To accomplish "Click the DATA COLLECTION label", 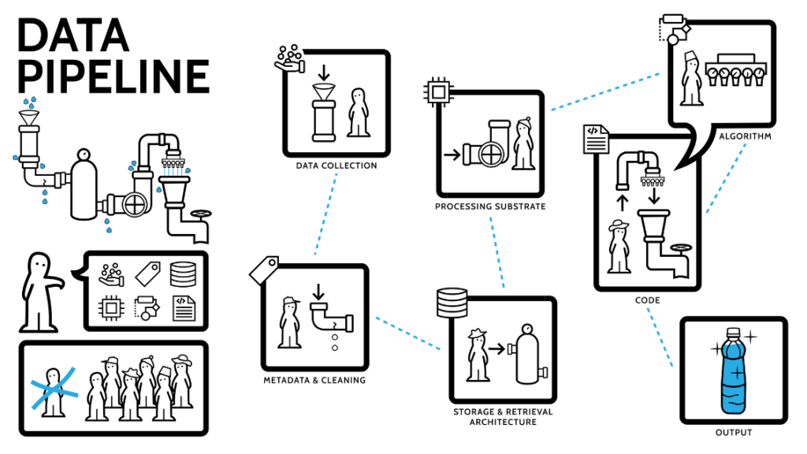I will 336,166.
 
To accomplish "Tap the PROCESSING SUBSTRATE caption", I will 491,207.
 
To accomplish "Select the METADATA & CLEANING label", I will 314,380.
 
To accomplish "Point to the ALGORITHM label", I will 744,136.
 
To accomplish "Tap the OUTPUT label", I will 734,432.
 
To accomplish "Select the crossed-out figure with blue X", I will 54,389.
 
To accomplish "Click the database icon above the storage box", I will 450,300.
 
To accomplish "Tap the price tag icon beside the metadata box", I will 263,270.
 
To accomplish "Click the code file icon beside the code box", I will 595,139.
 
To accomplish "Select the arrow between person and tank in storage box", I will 496,347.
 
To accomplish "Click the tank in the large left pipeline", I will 82,186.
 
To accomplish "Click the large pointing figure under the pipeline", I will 40,291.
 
